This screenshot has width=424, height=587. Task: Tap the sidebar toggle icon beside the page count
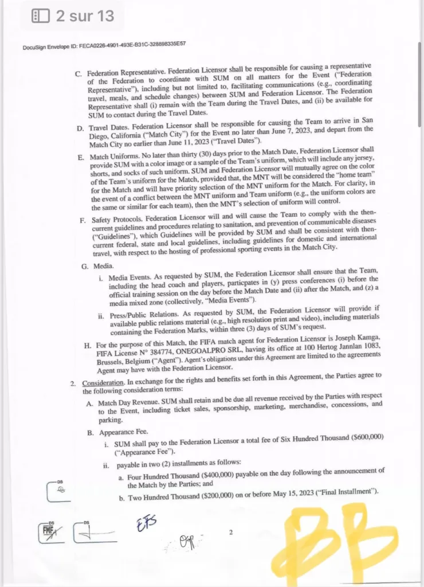(41, 16)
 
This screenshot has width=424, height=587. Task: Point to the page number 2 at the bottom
(230, 533)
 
